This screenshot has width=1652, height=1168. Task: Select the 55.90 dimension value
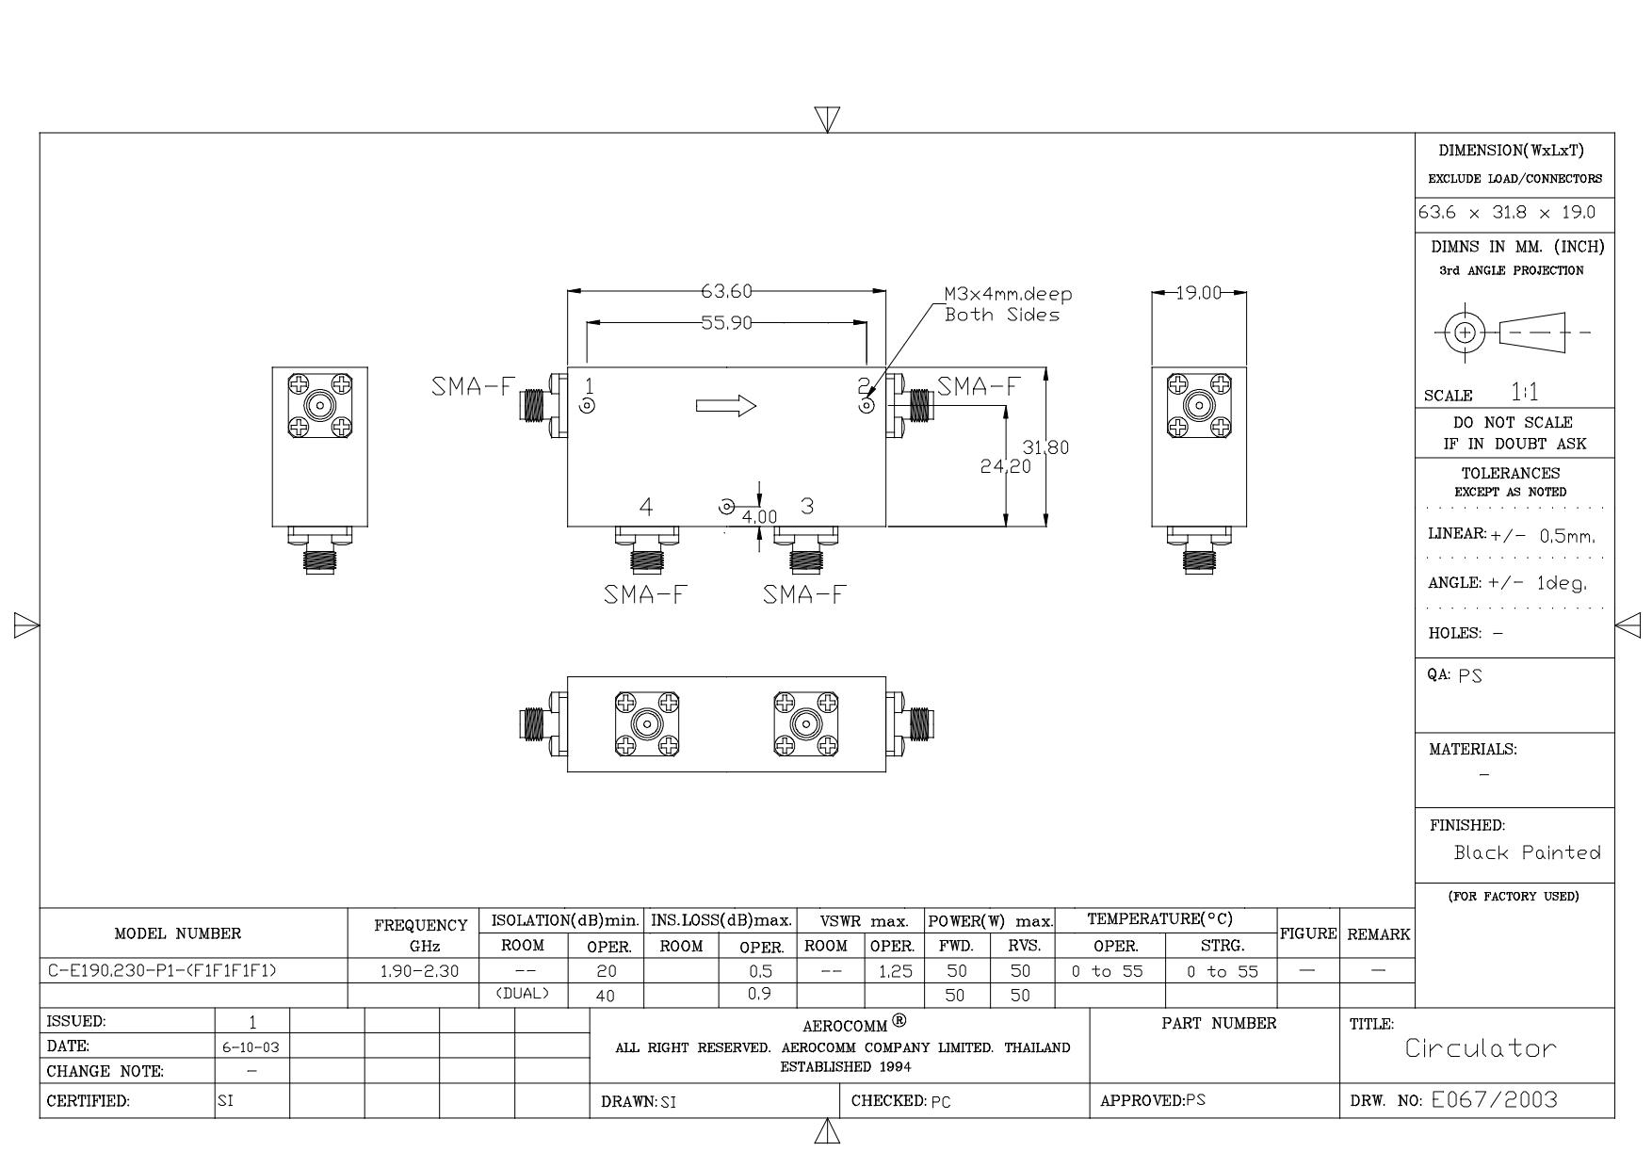(x=726, y=323)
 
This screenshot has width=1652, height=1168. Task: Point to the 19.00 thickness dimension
(x=1199, y=293)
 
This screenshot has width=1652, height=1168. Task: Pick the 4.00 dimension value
(x=759, y=517)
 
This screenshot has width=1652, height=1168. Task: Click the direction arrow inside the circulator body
(x=726, y=406)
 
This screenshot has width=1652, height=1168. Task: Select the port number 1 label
(x=589, y=385)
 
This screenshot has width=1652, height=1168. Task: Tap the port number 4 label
(x=646, y=507)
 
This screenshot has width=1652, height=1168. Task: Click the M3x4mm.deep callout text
(x=1009, y=294)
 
